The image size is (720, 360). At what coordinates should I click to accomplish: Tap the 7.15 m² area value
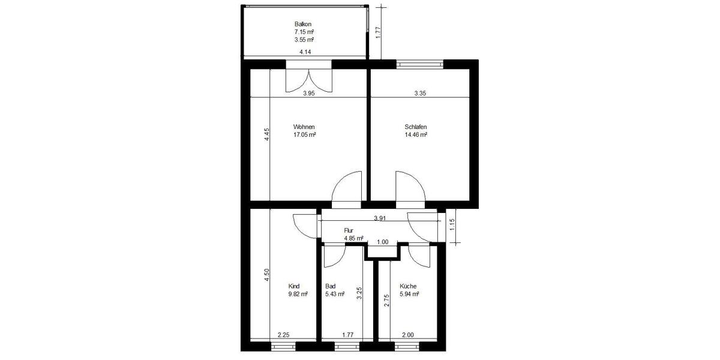click(304, 32)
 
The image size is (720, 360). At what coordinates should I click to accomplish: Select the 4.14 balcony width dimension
click(304, 52)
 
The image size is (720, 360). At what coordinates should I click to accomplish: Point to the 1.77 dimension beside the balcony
click(378, 32)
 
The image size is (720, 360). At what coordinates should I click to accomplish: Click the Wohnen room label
click(304, 127)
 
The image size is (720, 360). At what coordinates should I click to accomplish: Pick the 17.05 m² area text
click(304, 135)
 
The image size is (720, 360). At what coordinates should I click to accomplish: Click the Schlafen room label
click(415, 127)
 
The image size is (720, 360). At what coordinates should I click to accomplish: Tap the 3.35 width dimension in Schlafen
click(421, 94)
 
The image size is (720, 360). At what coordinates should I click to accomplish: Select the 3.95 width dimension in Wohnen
click(309, 94)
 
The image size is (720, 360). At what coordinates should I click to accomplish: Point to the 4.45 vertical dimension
click(266, 136)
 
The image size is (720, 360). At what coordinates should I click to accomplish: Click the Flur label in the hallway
click(349, 230)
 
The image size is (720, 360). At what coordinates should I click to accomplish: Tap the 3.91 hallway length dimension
click(380, 218)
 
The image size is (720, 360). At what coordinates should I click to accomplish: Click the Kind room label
click(293, 286)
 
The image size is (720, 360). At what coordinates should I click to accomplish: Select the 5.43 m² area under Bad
click(335, 294)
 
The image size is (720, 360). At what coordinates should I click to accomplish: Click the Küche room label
click(408, 286)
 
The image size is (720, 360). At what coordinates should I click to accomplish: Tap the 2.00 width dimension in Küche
click(407, 335)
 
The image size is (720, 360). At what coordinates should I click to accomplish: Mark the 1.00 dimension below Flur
click(382, 242)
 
